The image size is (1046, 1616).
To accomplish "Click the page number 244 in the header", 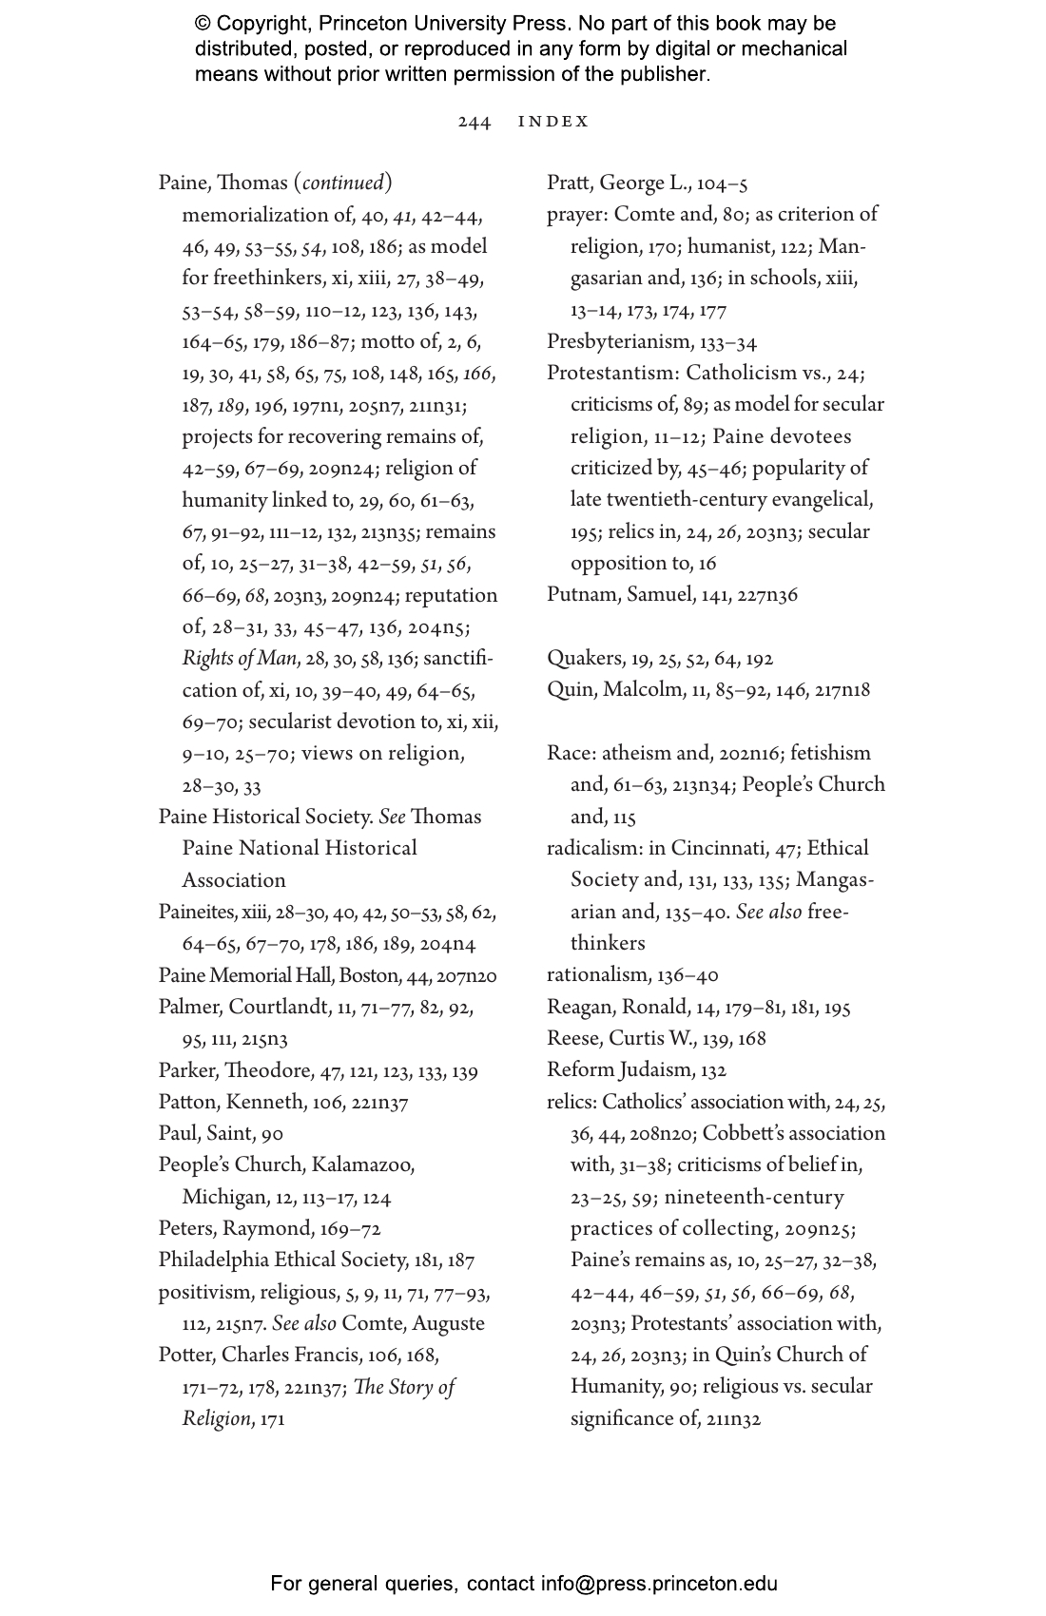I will (x=475, y=122).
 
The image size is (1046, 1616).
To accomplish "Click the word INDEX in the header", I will (x=553, y=122).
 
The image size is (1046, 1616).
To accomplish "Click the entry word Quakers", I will (x=583, y=659).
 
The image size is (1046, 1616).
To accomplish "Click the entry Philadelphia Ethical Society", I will (x=281, y=1260).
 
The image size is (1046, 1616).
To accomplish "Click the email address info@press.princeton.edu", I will (x=659, y=1584).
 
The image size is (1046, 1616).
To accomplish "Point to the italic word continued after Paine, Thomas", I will (x=343, y=183).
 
